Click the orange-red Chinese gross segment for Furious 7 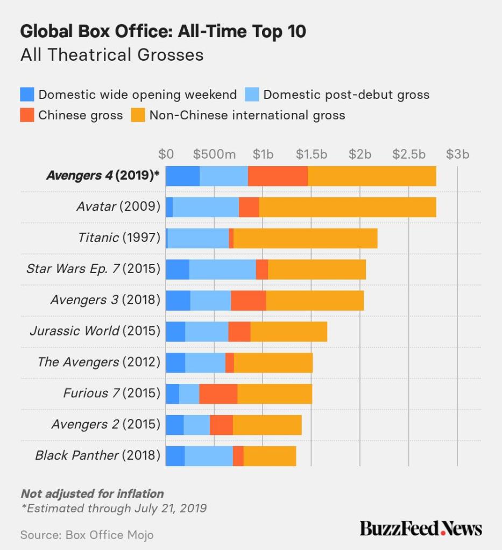pos(218,394)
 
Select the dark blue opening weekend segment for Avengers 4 pos(182,176)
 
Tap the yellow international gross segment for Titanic pos(305,238)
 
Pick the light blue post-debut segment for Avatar pos(206,207)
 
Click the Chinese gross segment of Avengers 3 pos(248,300)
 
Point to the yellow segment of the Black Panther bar pos(270,456)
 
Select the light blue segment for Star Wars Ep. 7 pos(222,269)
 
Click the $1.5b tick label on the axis pos(312,154)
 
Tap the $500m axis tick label pos(215,154)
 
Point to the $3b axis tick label pos(457,154)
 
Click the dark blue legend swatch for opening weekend pos(27,95)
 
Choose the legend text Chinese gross pos(81,115)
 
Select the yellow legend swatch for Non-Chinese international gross pos(138,115)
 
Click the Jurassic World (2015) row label pos(95,331)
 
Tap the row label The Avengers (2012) pos(99,362)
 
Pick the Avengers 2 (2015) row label pos(106,425)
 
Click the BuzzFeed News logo pos(421,528)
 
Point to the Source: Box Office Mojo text pos(87,535)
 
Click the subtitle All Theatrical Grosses pos(112,55)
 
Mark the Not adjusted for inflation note pos(92,494)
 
